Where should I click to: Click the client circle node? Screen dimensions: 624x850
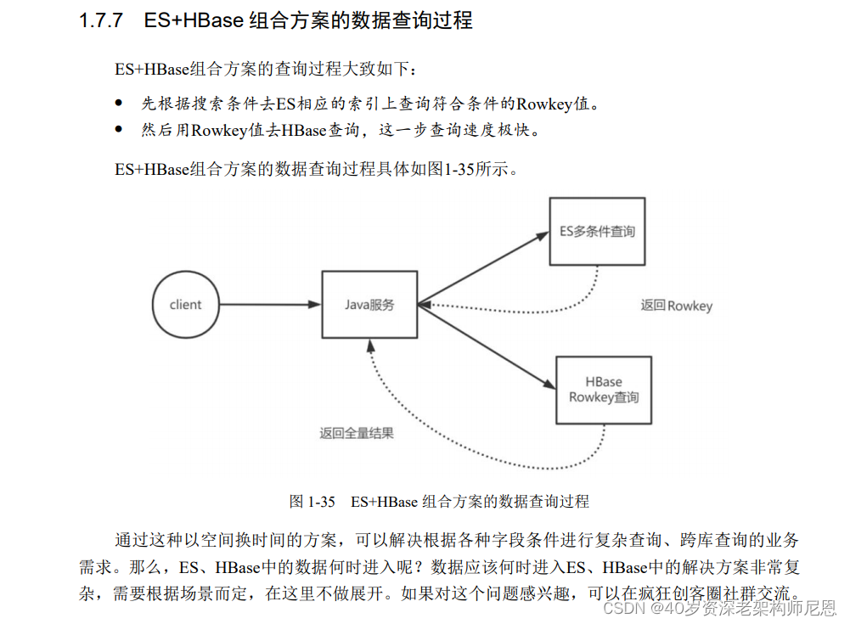[x=185, y=304]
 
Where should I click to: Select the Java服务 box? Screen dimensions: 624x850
[x=369, y=304]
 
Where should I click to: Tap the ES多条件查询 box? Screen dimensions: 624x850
[x=597, y=231]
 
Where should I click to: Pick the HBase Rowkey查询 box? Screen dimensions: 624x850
[x=604, y=390]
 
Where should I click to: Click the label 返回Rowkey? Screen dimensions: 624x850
[x=676, y=306]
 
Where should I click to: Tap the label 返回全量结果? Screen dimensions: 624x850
[x=357, y=433]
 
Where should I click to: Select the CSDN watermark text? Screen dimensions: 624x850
[x=622, y=608]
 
